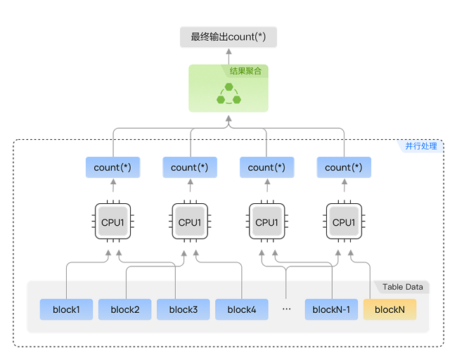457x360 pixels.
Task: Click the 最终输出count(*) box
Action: point(228,37)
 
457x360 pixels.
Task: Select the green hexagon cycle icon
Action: point(228,94)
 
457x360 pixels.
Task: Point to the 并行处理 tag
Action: point(421,146)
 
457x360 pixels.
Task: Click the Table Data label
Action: point(403,287)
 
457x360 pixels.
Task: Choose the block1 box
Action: point(65,309)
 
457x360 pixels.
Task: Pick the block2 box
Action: point(124,309)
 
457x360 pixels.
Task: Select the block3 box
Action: point(184,309)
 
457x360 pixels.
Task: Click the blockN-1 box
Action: point(331,309)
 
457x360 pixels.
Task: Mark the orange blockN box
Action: point(390,309)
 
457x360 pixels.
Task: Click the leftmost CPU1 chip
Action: point(112,222)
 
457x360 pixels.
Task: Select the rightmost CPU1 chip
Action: point(344,222)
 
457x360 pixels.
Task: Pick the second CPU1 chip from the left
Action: point(190,222)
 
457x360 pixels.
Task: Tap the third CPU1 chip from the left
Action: point(266,222)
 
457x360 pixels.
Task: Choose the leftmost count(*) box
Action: point(112,167)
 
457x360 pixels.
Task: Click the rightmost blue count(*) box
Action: point(344,167)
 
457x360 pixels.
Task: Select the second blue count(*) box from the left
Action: point(190,167)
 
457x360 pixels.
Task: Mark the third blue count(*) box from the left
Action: point(266,167)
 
